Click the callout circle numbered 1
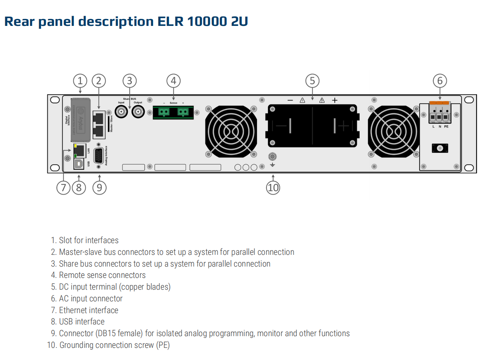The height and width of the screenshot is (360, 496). point(80,81)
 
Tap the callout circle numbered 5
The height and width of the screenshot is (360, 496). point(312,81)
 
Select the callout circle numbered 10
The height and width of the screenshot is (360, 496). point(273,188)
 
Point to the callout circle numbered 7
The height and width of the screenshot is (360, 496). point(63,188)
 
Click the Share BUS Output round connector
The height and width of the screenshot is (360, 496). point(138,112)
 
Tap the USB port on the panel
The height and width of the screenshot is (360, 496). point(79,163)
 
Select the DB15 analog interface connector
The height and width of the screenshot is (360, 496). point(98,156)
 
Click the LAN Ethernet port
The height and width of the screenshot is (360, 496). point(79,150)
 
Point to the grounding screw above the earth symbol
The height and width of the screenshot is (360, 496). point(272,156)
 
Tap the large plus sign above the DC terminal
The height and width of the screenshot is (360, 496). point(335,100)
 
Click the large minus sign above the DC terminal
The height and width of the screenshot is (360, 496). point(290,100)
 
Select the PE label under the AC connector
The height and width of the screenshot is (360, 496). point(446,127)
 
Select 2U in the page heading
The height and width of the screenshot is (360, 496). point(239,21)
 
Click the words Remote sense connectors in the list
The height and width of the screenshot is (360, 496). point(102,275)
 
